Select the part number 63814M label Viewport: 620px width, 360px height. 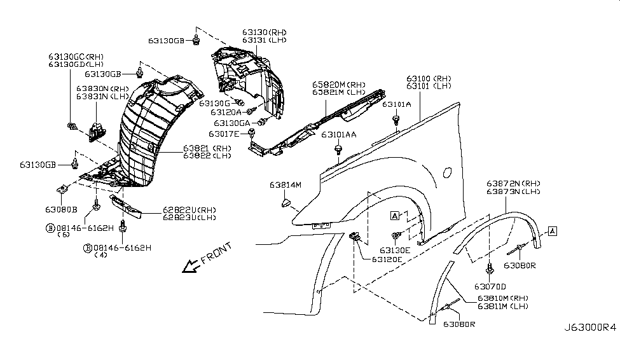click(x=285, y=185)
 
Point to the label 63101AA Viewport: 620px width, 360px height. click(x=338, y=135)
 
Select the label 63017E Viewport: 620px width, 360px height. click(x=227, y=134)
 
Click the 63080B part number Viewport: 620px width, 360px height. click(x=61, y=209)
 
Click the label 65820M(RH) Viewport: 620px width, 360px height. click(x=338, y=84)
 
